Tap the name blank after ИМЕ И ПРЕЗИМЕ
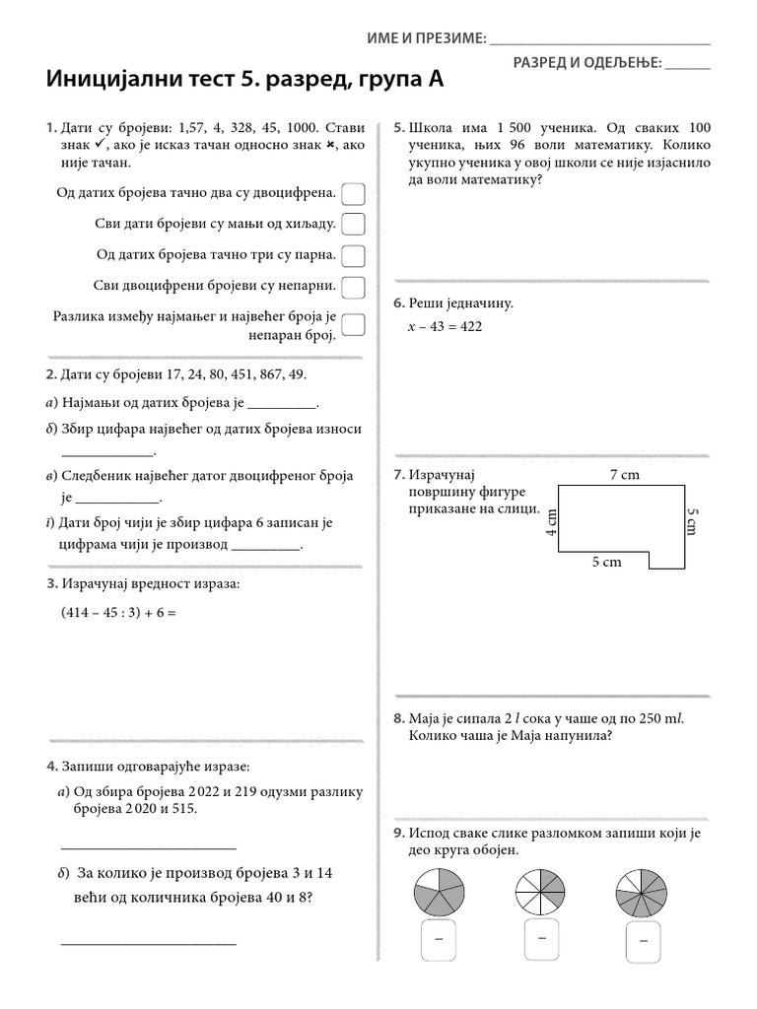(599, 38)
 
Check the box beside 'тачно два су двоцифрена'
(353, 193)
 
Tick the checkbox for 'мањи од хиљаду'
(353, 225)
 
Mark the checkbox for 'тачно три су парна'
(353, 255)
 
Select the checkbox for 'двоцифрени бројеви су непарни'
(353, 287)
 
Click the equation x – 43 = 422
(445, 327)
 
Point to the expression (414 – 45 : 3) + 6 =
(118, 612)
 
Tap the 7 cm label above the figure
(624, 475)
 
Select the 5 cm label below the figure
(606, 561)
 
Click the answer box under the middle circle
(542, 940)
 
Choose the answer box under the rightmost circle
(643, 940)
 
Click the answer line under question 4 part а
(149, 846)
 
